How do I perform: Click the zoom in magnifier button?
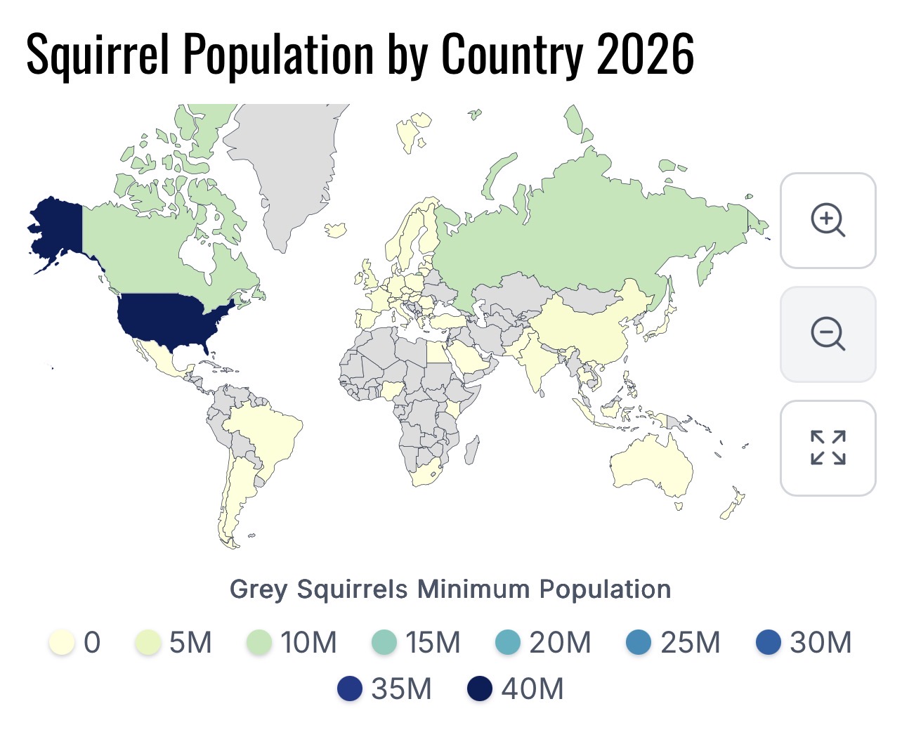[828, 221]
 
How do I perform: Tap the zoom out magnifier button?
[828, 334]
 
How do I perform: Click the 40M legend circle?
[480, 688]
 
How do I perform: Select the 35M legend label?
[401, 688]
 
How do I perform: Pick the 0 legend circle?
[62, 642]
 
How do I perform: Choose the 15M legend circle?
[384, 642]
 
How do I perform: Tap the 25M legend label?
[691, 642]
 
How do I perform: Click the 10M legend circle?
[259, 642]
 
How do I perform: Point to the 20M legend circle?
[508, 642]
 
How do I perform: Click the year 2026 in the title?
[646, 54]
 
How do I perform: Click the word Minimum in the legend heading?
[473, 589]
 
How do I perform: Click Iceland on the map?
[336, 230]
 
